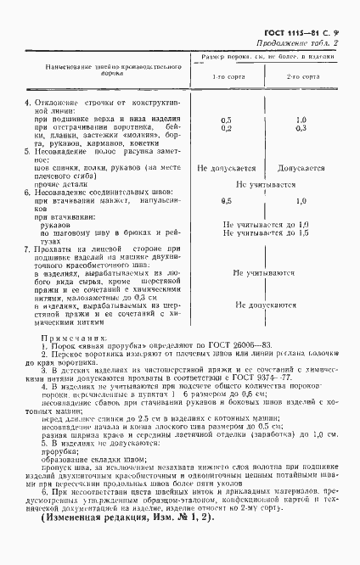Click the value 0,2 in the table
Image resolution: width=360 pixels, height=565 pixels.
[x=226, y=128]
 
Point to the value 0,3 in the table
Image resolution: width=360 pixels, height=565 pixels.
[x=301, y=128]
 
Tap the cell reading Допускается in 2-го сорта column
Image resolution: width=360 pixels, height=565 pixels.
[x=301, y=169]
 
